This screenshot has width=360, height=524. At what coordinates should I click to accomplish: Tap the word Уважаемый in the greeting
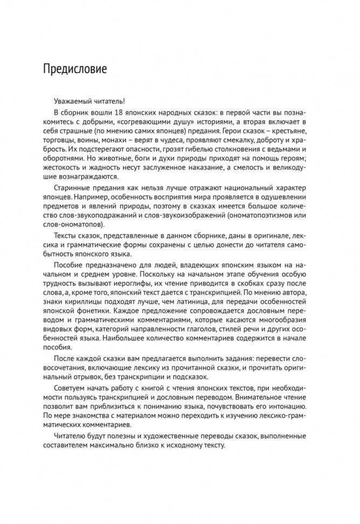[x=73, y=103]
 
